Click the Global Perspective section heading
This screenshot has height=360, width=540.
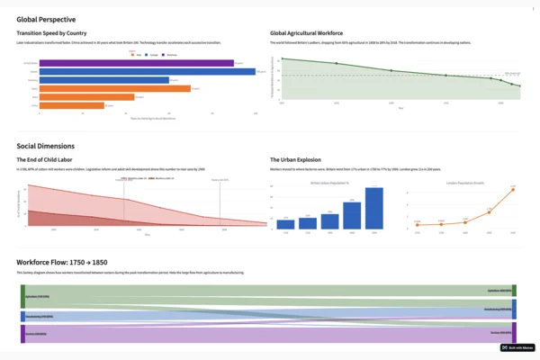pos(46,19)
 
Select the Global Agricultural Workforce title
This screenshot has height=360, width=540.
pos(314,33)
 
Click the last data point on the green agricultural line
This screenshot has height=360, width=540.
pos(519,86)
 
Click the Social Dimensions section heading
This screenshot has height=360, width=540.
pos(45,146)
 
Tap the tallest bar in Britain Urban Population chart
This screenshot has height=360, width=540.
pos(373,208)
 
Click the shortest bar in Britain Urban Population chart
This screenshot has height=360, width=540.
pos(285,224)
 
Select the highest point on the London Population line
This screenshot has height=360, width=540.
pos(512,189)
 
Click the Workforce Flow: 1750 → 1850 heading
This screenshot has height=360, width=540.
pos(70,262)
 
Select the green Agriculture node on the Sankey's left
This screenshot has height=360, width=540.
pos(22,295)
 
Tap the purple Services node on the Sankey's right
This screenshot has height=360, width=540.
pos(514,331)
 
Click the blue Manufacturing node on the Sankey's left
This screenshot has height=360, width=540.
pos(22,316)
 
